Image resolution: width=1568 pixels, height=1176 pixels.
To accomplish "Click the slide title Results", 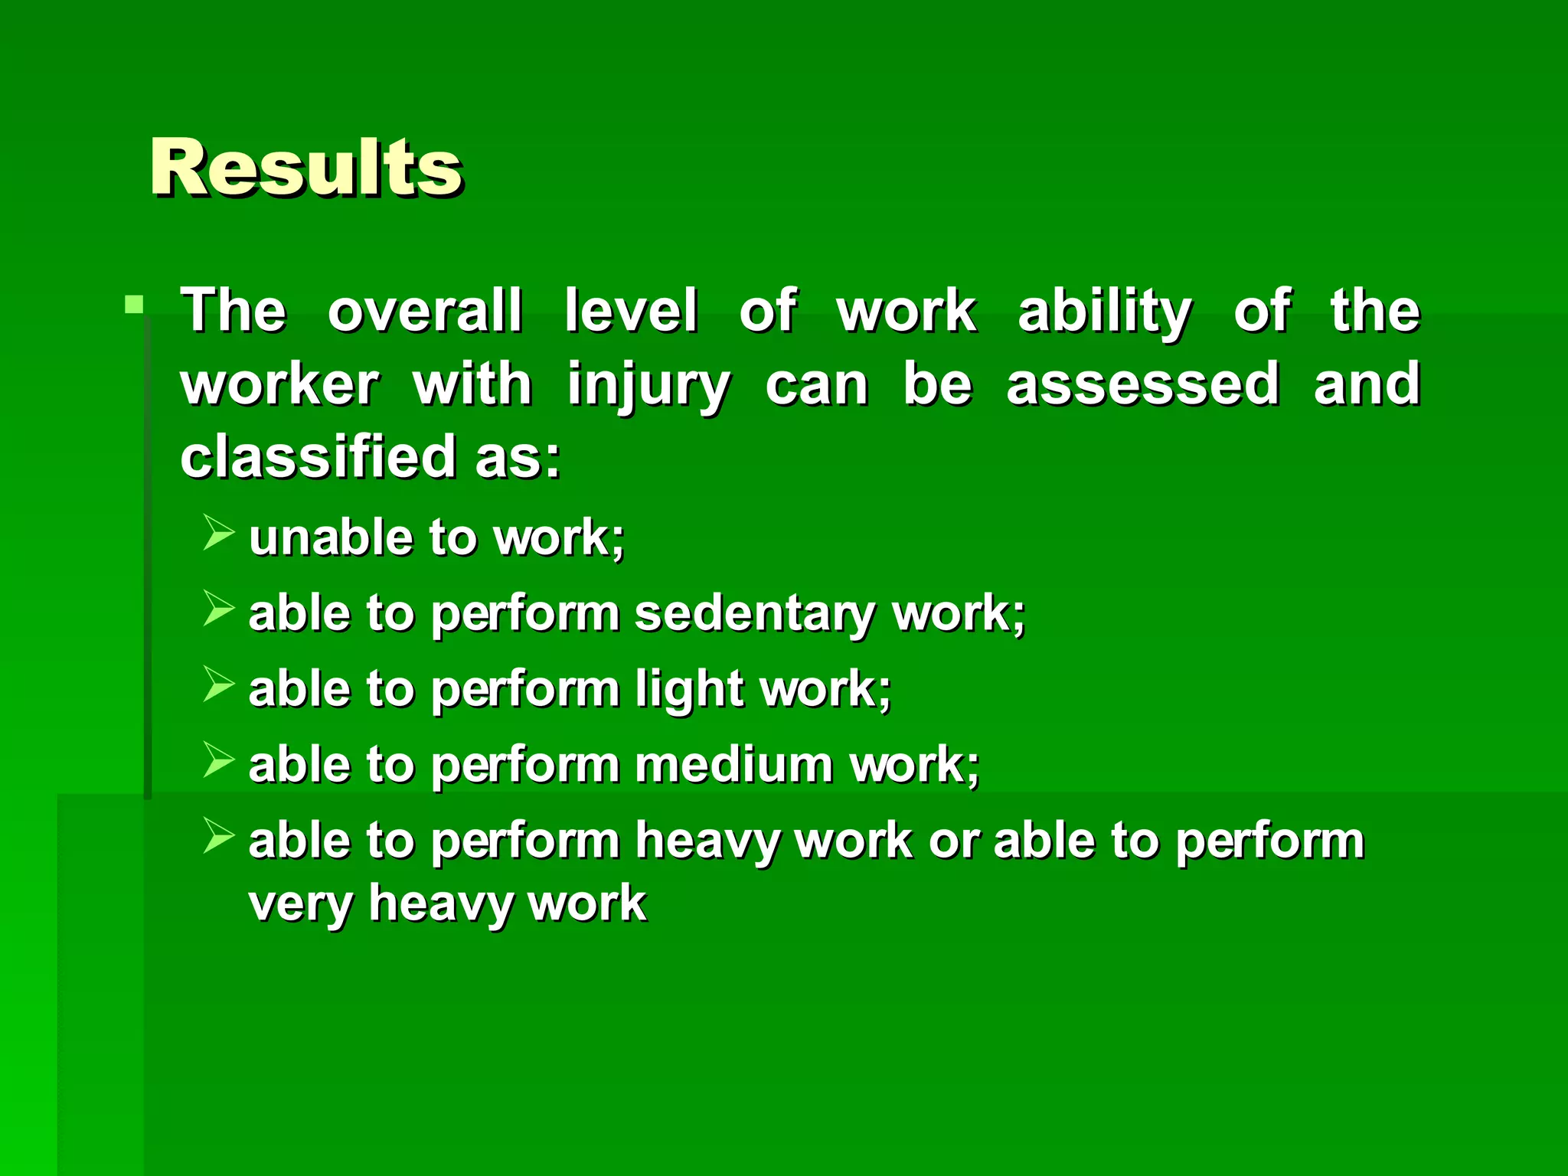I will pos(305,166).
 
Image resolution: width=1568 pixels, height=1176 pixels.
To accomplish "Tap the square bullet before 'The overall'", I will pos(134,305).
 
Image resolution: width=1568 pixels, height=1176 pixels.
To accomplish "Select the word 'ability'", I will pos(1105,312).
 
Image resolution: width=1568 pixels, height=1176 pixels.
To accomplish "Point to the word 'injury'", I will pos(648,385).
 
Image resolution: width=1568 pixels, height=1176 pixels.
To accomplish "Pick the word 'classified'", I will pos(318,456).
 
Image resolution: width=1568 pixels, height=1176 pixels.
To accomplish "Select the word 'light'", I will pos(690,689).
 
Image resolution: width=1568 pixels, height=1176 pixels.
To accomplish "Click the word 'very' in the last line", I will pos(300,903).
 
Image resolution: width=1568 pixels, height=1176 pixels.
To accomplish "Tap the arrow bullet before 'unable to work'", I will pos(218,533).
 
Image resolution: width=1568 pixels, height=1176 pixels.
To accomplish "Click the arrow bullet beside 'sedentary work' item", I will pos(218,609).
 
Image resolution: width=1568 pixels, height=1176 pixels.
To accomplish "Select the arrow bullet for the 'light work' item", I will pos(218,684).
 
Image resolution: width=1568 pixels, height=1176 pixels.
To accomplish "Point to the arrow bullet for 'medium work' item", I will pos(218,760).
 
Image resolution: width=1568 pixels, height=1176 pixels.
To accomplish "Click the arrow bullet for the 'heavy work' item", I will pos(218,836).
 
